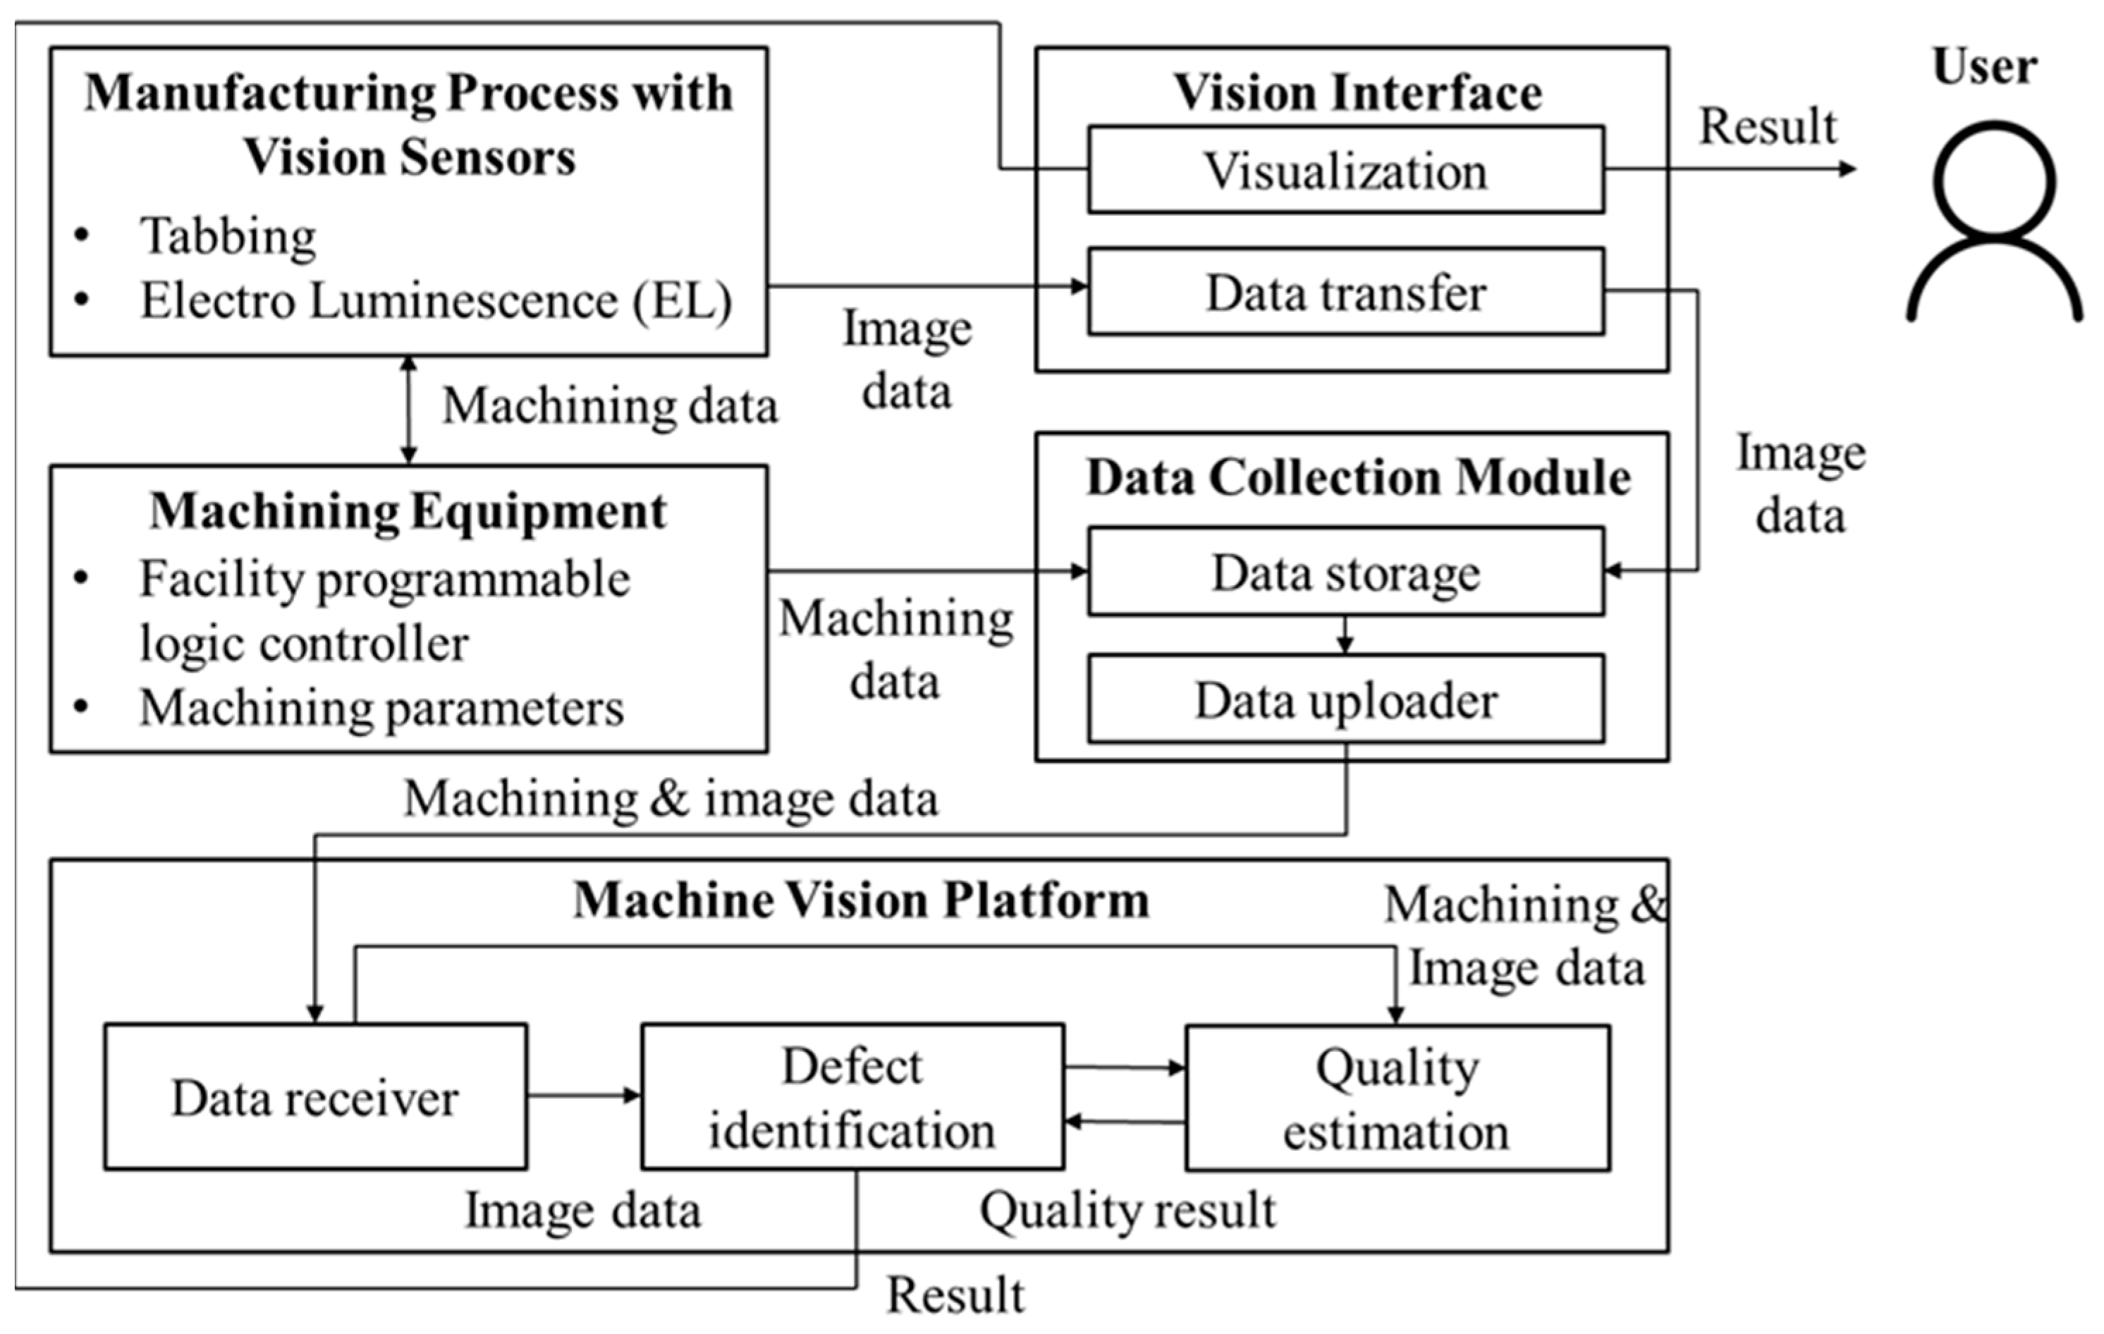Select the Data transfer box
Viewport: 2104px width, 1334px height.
[x=1345, y=292]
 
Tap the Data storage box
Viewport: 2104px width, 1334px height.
[x=1345, y=573]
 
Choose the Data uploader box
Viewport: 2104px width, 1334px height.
[x=1345, y=699]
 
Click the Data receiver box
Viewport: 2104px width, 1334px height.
[x=315, y=1097]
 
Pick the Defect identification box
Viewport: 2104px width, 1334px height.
[x=852, y=1097]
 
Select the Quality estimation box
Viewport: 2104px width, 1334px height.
[x=1397, y=1098]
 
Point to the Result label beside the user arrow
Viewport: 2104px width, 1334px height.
[x=1767, y=127]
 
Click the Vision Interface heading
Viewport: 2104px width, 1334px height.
[x=1357, y=92]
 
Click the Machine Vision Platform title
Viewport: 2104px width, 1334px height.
[x=861, y=900]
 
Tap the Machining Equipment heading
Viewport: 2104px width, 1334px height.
[x=408, y=510]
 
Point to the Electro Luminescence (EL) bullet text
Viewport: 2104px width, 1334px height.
[x=436, y=300]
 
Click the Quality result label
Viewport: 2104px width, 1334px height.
[x=1127, y=1210]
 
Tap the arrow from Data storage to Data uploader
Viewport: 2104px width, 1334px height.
[x=1345, y=636]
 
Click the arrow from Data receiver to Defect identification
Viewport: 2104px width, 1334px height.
[x=584, y=1096]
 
